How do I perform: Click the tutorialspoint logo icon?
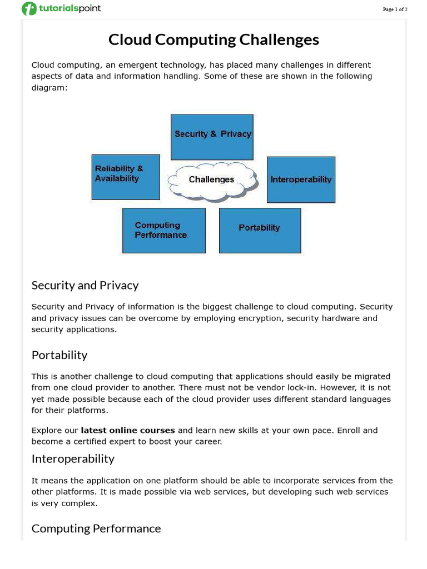point(29,9)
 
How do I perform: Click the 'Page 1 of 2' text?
point(395,9)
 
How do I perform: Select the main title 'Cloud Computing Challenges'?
point(213,39)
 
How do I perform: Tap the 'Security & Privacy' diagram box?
point(212,137)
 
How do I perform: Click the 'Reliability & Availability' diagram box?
point(126,177)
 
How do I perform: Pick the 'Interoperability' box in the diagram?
point(301,179)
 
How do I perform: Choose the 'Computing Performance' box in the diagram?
point(163,230)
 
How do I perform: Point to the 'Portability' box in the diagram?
point(260,230)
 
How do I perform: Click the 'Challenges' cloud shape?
point(212,179)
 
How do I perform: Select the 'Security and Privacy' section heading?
point(85,285)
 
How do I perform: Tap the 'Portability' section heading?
point(59,355)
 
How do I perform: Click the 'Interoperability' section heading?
point(73,458)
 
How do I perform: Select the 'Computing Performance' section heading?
point(96,528)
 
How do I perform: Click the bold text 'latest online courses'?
point(128,430)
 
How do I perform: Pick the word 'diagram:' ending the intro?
point(49,87)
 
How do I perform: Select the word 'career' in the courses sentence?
point(205,442)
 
